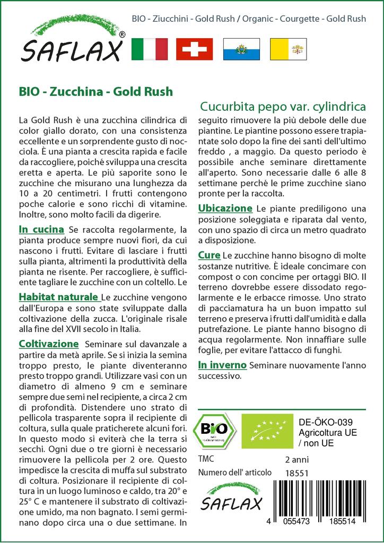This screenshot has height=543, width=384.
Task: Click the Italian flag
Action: click(x=149, y=49)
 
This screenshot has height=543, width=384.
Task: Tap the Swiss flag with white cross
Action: click(x=194, y=49)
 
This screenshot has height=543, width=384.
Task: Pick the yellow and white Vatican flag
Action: click(x=286, y=49)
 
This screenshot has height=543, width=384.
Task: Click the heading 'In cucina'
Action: click(x=41, y=230)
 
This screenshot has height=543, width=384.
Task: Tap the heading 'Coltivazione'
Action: click(x=48, y=344)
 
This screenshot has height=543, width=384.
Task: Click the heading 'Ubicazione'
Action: click(x=224, y=208)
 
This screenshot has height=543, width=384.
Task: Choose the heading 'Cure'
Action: click(x=209, y=255)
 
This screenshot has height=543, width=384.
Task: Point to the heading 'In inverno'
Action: click(x=222, y=365)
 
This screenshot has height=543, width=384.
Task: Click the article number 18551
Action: click(x=296, y=472)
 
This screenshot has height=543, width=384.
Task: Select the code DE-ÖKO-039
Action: click(x=322, y=422)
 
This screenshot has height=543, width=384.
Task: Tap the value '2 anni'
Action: click(x=296, y=459)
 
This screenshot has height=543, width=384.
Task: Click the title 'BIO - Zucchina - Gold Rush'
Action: click(x=95, y=91)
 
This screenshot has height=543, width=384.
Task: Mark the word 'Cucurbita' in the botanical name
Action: click(x=225, y=106)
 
